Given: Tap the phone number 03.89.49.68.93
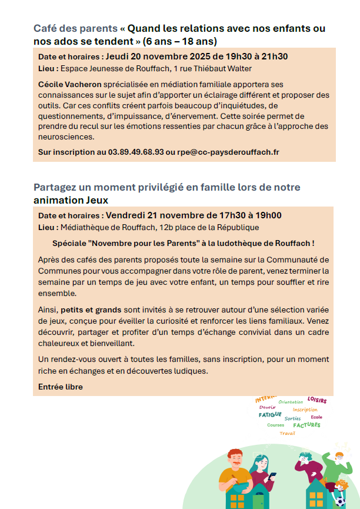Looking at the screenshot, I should (136, 152).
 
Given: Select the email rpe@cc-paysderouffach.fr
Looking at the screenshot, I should (228, 152).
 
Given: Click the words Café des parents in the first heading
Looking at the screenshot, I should (75, 28).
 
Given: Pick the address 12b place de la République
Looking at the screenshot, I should (208, 227).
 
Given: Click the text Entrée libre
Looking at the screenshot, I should (61, 387).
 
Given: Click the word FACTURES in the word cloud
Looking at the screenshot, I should (306, 425).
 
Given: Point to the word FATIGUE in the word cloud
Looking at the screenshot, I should (270, 414).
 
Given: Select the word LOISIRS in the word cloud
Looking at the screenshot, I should (316, 400).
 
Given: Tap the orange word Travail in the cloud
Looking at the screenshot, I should (288, 433).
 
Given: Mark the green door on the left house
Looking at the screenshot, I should (257, 503).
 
